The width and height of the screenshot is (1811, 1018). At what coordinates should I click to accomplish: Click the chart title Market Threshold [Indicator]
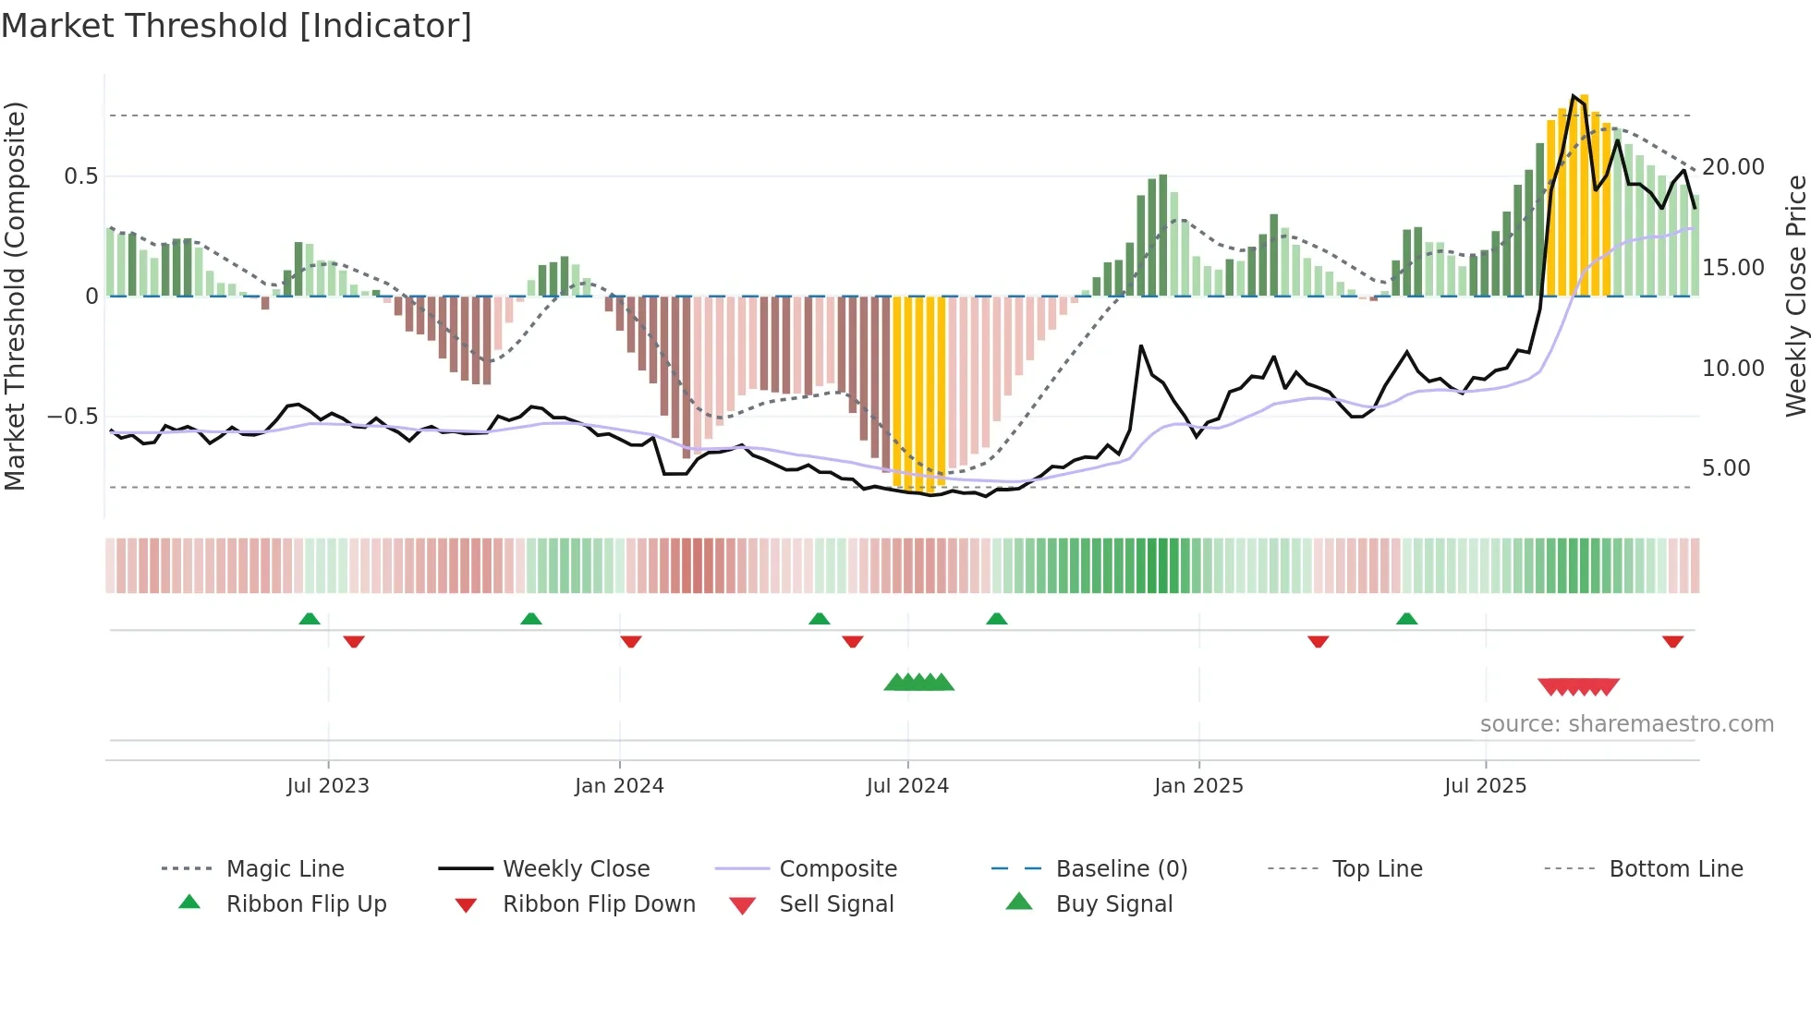point(237,26)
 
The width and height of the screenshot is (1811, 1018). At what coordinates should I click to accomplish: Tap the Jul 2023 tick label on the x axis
point(328,786)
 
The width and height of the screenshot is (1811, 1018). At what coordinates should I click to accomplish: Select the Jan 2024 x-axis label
point(619,786)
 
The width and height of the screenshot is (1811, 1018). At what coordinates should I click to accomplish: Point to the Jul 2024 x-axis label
point(907,786)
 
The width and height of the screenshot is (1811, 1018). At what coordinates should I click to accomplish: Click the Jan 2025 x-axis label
point(1198,786)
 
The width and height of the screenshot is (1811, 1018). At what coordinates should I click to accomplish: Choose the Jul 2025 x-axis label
point(1485,786)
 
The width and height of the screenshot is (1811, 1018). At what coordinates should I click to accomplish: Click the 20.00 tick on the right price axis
point(1732,167)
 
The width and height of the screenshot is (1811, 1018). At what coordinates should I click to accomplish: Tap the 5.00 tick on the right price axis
point(1726,468)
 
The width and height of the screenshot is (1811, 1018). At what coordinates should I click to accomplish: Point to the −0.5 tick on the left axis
point(73,417)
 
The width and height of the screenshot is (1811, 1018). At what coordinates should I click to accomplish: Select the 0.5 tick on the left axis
point(80,176)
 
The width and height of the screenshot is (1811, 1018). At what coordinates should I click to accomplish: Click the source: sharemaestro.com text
point(1626,724)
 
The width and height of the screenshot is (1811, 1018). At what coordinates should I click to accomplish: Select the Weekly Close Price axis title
point(1795,296)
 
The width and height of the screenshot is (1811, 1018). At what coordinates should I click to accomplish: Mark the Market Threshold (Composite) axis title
point(15,296)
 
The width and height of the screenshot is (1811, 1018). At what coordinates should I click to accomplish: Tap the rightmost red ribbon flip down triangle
point(1672,641)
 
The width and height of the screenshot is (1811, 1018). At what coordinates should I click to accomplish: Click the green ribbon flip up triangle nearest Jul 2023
point(310,619)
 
